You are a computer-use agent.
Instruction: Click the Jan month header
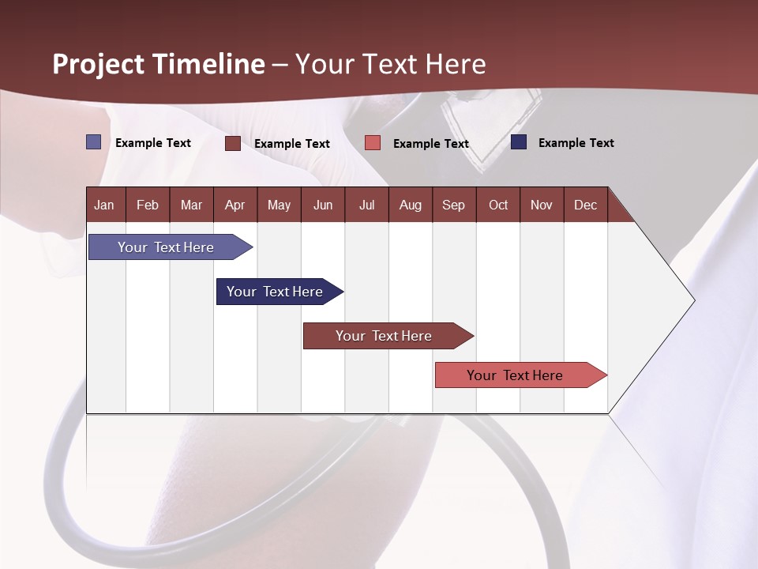(x=104, y=205)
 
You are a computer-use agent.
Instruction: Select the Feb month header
(x=148, y=205)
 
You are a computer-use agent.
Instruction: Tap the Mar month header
(x=191, y=205)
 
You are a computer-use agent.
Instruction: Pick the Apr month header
(x=235, y=205)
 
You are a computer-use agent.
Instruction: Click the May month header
(x=279, y=205)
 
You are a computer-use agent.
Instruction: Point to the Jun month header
(x=323, y=205)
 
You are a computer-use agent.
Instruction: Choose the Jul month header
(x=366, y=205)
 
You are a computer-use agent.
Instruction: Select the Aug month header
(x=411, y=205)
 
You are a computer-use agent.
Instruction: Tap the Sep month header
(x=454, y=205)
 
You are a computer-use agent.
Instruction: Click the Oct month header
(x=498, y=205)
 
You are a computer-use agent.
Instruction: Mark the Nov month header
(x=542, y=205)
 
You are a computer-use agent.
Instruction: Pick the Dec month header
(x=586, y=205)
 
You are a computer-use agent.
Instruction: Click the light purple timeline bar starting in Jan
(x=167, y=247)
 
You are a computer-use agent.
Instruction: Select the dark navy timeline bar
(x=276, y=292)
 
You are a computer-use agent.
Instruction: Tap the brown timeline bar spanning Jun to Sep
(x=385, y=336)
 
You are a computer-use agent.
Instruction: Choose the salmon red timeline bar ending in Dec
(x=516, y=375)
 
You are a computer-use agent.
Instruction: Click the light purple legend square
(x=94, y=142)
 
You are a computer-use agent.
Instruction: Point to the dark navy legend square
(x=519, y=142)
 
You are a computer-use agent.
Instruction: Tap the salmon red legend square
(x=373, y=143)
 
